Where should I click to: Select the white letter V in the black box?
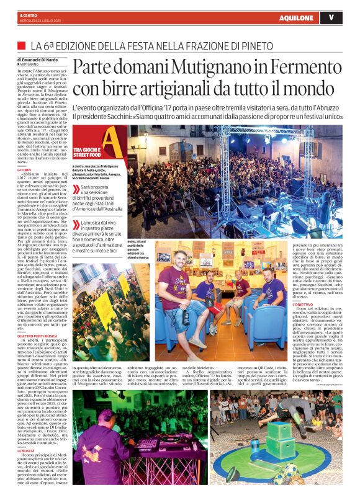(331, 17)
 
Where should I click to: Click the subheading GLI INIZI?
(24, 169)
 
